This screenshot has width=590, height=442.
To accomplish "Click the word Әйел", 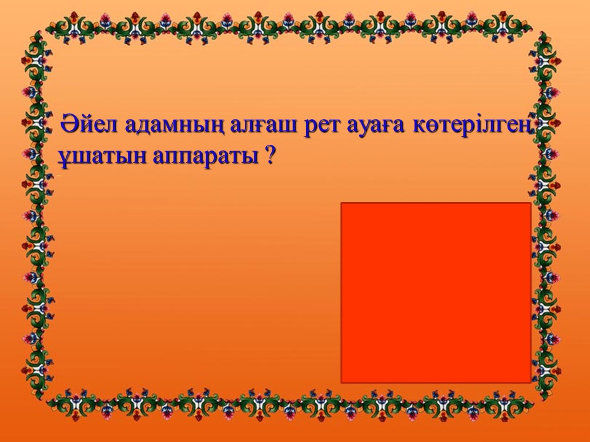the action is pyautogui.click(x=88, y=124).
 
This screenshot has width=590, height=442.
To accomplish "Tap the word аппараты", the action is pyautogui.click(x=205, y=158).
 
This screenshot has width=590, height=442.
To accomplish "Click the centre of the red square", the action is pyautogui.click(x=436, y=293).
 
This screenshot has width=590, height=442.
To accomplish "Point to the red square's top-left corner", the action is pyautogui.click(x=341, y=203).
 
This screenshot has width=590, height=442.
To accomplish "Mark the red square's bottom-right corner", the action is pyautogui.click(x=531, y=383).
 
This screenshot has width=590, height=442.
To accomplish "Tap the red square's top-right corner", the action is pyautogui.click(x=531, y=203).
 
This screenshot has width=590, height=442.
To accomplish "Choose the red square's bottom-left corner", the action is pyautogui.click(x=341, y=383).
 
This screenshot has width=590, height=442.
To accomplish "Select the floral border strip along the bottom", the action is pyautogui.click(x=289, y=405).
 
